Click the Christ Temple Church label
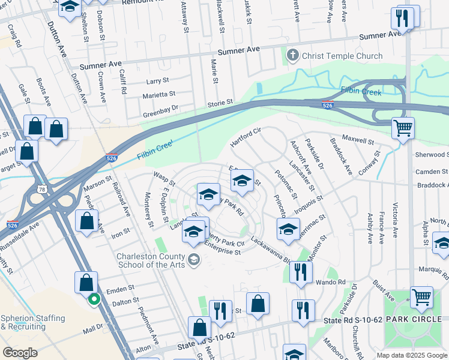coord(342,56)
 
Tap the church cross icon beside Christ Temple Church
coord(293,56)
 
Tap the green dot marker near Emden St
coord(94,299)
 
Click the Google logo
coord(20,353)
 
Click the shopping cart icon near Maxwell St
coord(403,127)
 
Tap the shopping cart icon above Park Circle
coord(421,296)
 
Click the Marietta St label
coord(158,94)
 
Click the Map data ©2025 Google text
coord(411,355)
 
